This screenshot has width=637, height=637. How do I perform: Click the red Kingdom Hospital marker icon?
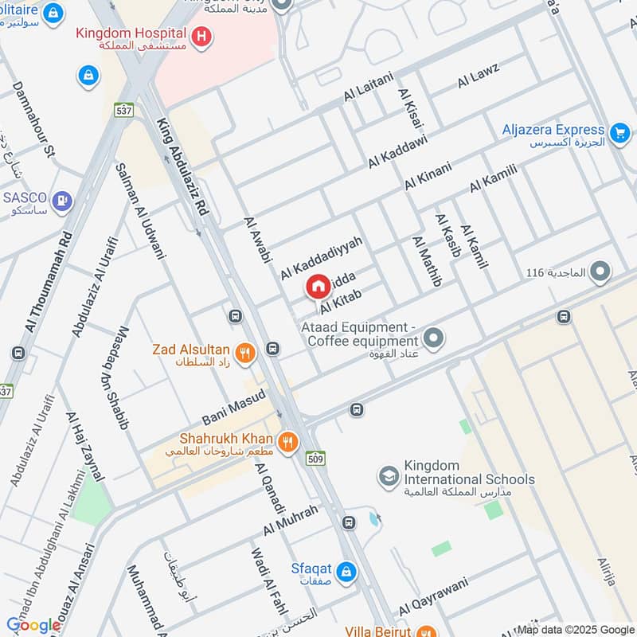pyautogui.click(x=203, y=36)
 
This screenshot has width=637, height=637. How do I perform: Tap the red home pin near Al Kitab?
pyautogui.click(x=317, y=287)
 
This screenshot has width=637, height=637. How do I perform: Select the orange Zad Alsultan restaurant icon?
pyautogui.click(x=245, y=351)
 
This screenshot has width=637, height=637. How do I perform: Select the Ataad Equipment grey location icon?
pyautogui.click(x=433, y=339)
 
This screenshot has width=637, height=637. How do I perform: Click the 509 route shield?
pyautogui.click(x=315, y=459)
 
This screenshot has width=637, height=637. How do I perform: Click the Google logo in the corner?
pyautogui.click(x=33, y=625)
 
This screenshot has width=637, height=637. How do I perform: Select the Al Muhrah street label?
pyautogui.click(x=291, y=521)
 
